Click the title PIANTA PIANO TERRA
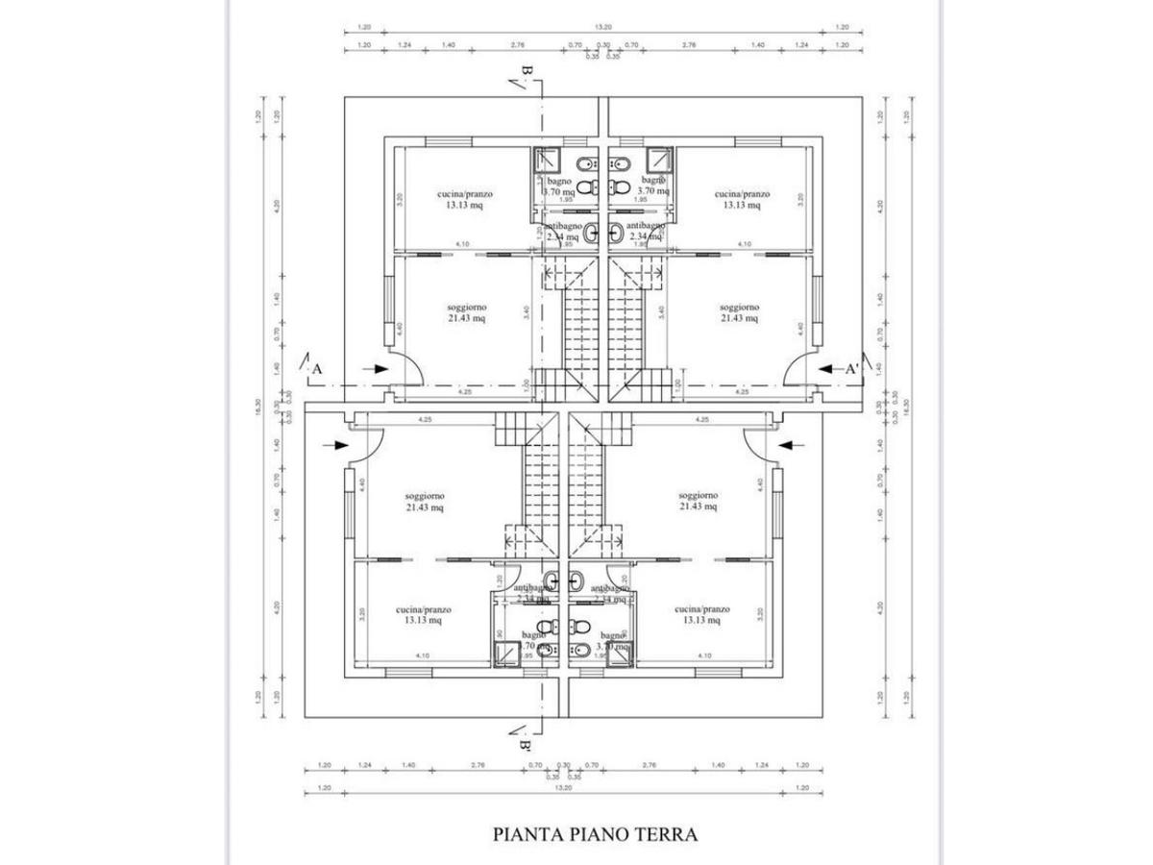point(594,833)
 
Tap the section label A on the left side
point(317,368)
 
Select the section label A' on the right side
point(851,368)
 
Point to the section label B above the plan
point(526,72)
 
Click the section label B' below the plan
point(526,744)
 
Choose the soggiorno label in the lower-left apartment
point(425,496)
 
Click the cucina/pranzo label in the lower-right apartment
point(702,609)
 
